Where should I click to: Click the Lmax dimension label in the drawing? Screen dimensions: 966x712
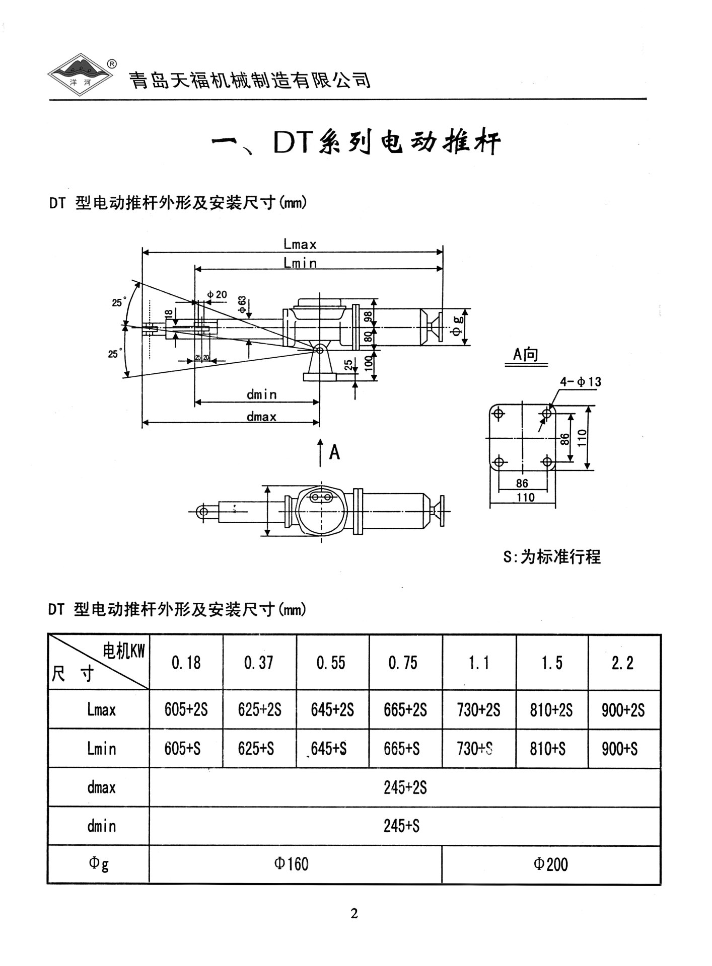(x=300, y=245)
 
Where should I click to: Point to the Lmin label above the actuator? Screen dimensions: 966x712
(x=300, y=263)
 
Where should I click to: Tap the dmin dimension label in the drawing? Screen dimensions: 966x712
(x=261, y=394)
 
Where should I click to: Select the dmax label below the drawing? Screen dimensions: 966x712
(x=261, y=417)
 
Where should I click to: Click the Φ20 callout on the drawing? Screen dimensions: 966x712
(x=217, y=294)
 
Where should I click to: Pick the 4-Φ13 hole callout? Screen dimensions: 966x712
(x=581, y=382)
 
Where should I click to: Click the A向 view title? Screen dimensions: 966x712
(x=525, y=354)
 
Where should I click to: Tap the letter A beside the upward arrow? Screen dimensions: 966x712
(x=334, y=452)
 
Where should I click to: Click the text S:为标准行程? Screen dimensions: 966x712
(x=552, y=557)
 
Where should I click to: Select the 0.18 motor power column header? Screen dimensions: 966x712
(x=186, y=663)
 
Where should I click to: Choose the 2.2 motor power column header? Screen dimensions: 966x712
(x=622, y=663)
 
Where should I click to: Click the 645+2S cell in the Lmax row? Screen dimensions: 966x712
(x=332, y=710)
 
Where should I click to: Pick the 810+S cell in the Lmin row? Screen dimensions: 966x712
(x=547, y=749)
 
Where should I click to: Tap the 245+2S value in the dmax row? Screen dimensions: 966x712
(x=405, y=787)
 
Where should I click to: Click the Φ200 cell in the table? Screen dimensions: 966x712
(x=550, y=864)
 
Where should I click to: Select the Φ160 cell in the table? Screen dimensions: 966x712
(x=291, y=864)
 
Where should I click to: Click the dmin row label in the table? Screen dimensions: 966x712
(x=101, y=826)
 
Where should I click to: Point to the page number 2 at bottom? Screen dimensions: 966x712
(x=354, y=913)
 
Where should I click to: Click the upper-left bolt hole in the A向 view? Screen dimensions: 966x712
(x=499, y=414)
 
